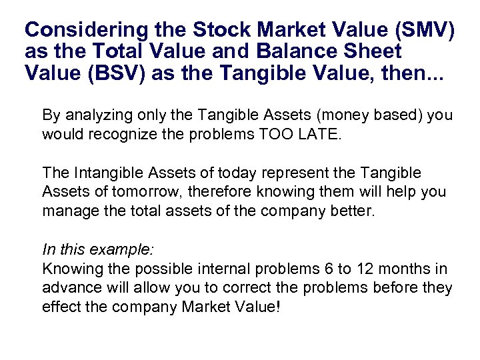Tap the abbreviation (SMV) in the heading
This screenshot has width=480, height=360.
(427, 30)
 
